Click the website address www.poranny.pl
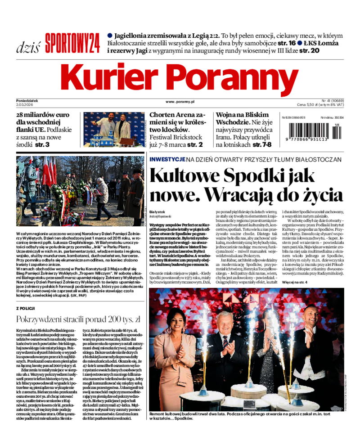click(x=180, y=102)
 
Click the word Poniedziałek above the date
click(x=27, y=101)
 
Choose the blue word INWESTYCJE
click(x=167, y=159)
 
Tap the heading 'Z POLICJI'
click(x=25, y=308)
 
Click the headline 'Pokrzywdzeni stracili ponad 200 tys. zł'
click(x=78, y=319)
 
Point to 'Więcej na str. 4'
click(x=295, y=282)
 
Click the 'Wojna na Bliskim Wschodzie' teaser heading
click(x=243, y=119)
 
